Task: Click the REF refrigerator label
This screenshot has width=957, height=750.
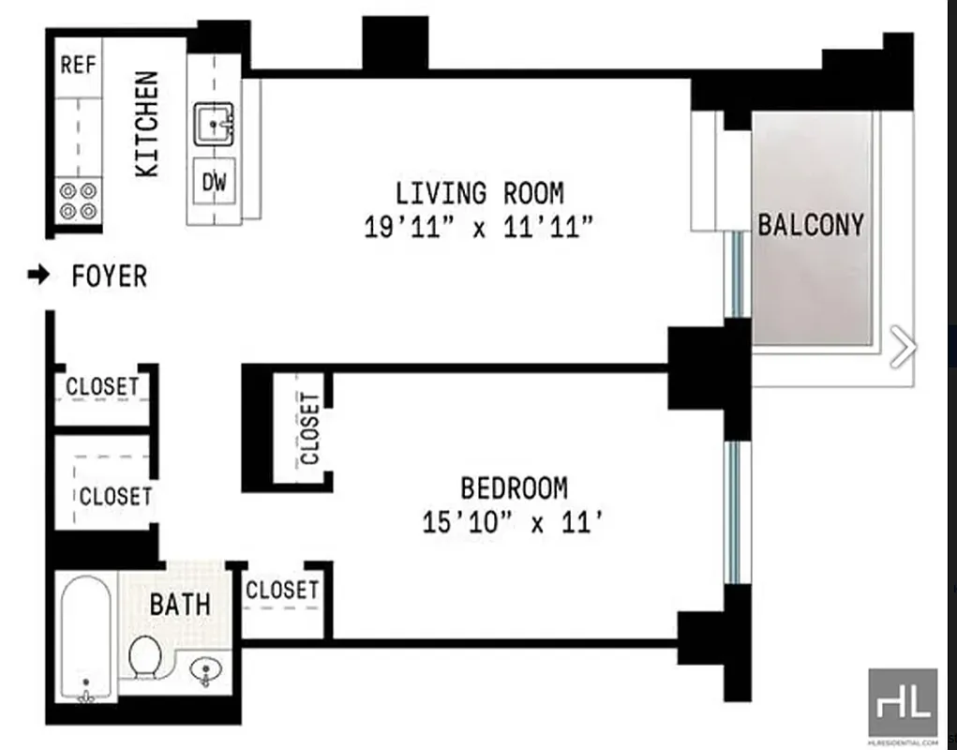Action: click(x=80, y=65)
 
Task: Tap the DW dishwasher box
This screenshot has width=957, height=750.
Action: click(x=215, y=182)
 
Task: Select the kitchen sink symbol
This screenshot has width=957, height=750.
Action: click(x=215, y=125)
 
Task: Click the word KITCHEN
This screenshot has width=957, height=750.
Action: click(x=148, y=125)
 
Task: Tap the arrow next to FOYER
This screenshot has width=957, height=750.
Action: click(x=38, y=276)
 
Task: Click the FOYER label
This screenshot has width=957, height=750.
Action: click(x=110, y=277)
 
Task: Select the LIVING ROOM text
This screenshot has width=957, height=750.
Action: click(x=479, y=194)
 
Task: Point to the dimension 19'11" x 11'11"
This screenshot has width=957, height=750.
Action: click(x=479, y=228)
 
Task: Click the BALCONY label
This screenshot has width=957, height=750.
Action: click(x=811, y=225)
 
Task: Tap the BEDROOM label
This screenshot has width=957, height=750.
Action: click(x=514, y=488)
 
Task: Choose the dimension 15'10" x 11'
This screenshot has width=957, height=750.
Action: click(x=511, y=522)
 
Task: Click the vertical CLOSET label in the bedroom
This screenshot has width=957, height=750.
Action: click(x=310, y=428)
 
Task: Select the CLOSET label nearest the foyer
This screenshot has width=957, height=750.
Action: click(x=102, y=386)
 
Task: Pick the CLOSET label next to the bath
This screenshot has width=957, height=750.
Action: click(x=281, y=590)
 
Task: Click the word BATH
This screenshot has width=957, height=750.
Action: click(x=180, y=605)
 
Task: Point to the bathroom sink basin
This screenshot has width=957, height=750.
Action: click(x=204, y=670)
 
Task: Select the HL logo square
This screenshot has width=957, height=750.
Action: click(x=903, y=702)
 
